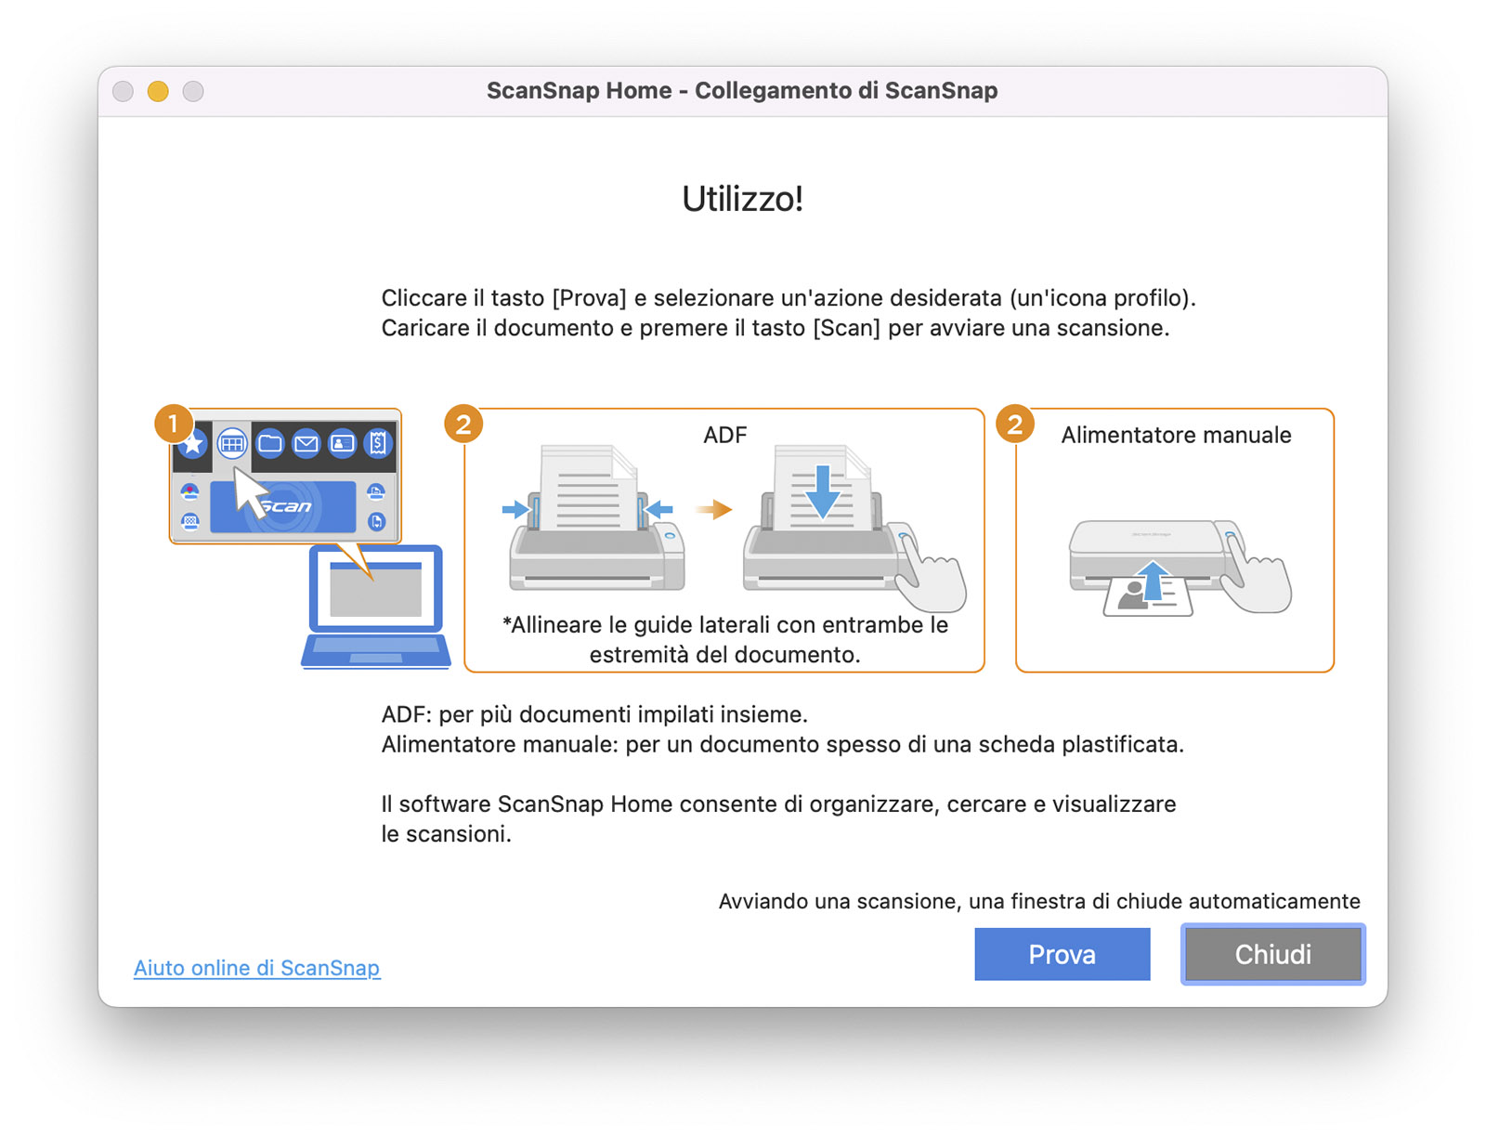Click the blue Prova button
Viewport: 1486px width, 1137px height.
1062,953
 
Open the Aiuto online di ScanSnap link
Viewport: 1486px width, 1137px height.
256,968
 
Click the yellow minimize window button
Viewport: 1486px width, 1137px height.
158,91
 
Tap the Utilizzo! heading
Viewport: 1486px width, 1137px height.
743,199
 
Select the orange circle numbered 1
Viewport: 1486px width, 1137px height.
174,424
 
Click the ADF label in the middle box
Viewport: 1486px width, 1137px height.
724,435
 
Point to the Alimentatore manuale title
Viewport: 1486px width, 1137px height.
1176,435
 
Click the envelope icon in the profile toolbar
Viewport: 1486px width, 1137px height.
306,443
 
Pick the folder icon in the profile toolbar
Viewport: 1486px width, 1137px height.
270,443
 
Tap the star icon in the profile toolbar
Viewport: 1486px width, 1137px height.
192,444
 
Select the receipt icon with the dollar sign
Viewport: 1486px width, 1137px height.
378,443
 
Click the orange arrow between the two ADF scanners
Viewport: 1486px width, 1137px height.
713,508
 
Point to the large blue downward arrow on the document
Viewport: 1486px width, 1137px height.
823,491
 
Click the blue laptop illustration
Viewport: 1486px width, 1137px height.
376,607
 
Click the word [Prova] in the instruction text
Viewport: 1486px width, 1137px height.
589,298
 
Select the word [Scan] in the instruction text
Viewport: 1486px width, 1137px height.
846,328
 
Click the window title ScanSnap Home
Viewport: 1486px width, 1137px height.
580,91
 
